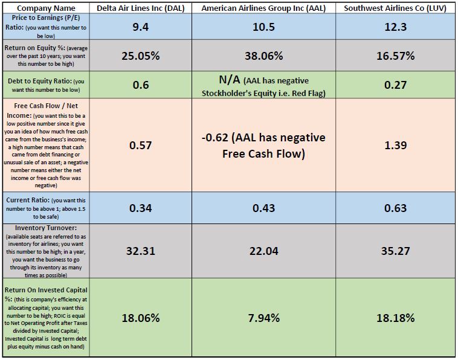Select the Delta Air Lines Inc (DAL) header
coord(141,8)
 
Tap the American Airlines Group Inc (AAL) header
coord(263,8)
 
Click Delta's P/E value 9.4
coord(141,27)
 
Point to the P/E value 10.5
coord(263,27)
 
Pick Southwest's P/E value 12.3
coord(395,27)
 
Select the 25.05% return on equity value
coord(141,56)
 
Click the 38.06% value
coord(263,56)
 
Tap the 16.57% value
coord(395,56)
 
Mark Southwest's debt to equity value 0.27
coord(395,85)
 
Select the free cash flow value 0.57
coord(141,145)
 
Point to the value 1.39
coord(395,145)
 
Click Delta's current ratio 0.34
coord(141,208)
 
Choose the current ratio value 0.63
coord(395,208)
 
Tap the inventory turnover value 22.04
coord(263,251)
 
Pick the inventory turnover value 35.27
coord(395,251)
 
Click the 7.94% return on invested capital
coord(263,318)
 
